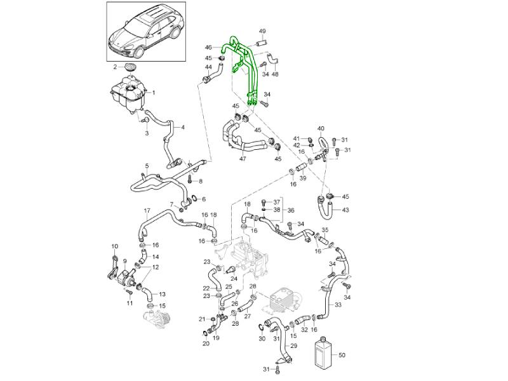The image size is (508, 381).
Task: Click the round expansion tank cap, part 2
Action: [x=130, y=68]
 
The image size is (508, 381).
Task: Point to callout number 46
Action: [x=208, y=48]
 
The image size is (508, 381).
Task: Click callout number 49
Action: [x=262, y=31]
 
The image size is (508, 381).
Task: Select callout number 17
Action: [x=146, y=211]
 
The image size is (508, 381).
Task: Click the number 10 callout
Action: [x=115, y=246]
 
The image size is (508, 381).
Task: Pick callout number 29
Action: [x=293, y=345]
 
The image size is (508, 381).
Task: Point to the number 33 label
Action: [x=338, y=305]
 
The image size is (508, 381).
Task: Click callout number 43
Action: [x=345, y=210]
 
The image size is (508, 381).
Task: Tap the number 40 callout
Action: [x=321, y=128]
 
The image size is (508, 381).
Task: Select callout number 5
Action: [x=147, y=166]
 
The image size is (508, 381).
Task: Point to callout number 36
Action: [x=291, y=211]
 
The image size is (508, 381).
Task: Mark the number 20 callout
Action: [x=206, y=344]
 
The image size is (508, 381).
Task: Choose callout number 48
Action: [x=274, y=74]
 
